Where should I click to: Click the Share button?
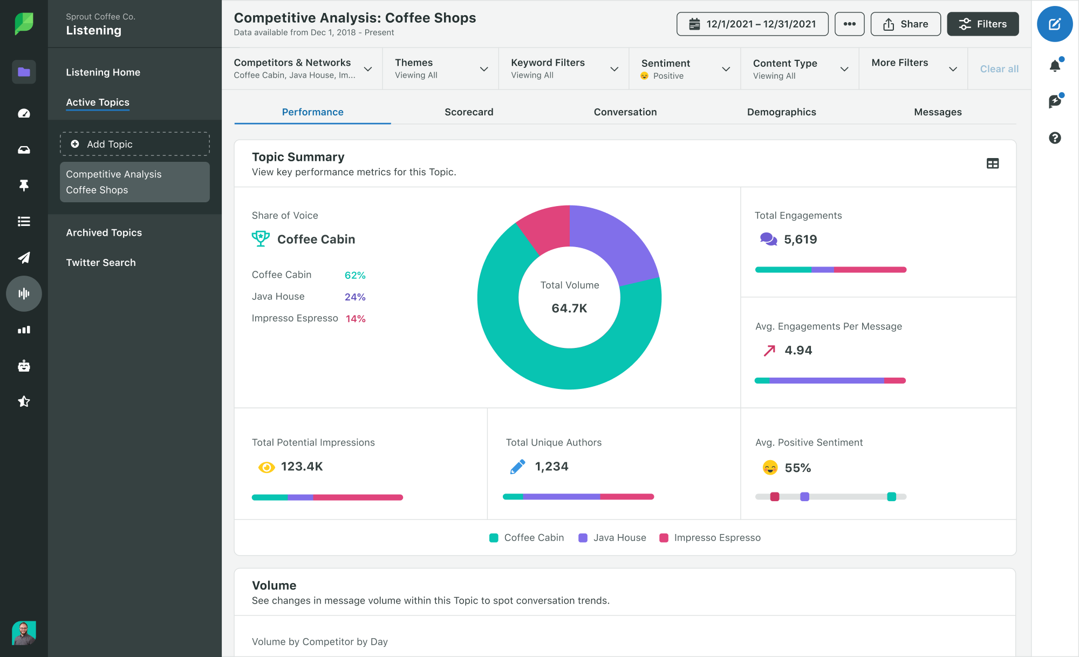coord(905,24)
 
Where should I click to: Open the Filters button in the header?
coord(982,24)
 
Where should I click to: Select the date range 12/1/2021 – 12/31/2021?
coord(752,24)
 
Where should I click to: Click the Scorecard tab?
coord(469,112)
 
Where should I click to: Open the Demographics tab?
coord(781,112)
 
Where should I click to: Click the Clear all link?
coord(999,69)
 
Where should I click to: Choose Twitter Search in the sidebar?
coord(101,263)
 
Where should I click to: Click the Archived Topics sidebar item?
coord(104,232)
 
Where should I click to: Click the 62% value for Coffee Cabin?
coord(355,275)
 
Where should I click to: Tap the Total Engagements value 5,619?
coord(800,239)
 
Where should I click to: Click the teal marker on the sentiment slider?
coord(891,497)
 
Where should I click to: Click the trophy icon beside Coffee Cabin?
coord(261,238)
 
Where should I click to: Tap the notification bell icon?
coord(1055,66)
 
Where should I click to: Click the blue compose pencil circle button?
coord(1055,24)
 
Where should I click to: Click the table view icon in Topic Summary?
coord(992,163)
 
